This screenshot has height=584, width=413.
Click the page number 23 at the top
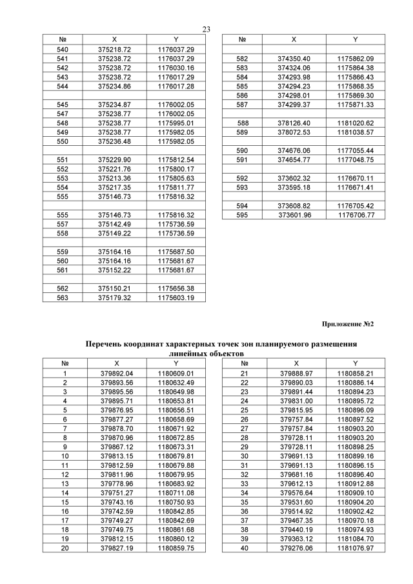tap(206, 29)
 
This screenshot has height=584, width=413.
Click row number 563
tap(63, 297)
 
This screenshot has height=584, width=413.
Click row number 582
tap(243, 58)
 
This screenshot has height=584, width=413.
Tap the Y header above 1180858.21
tap(355, 363)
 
